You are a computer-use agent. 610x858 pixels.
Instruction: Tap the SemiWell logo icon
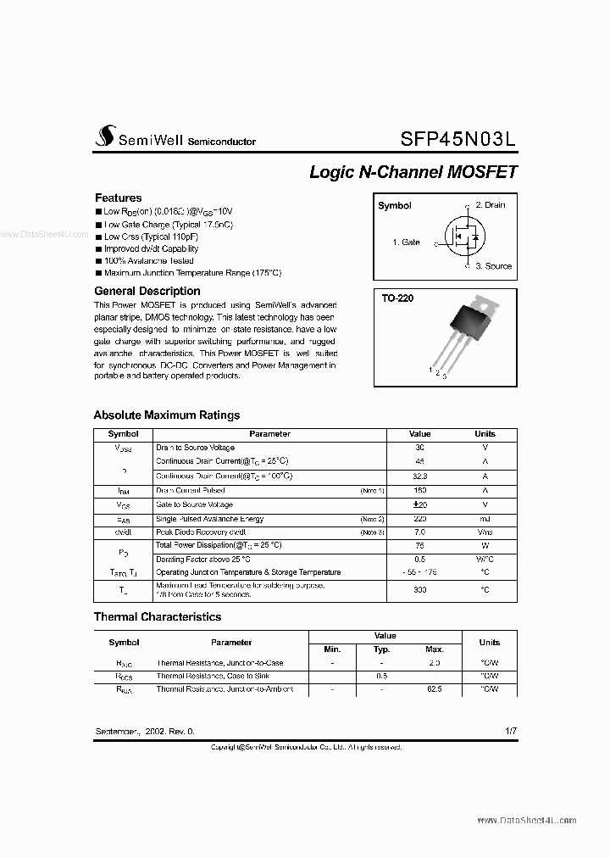pyautogui.click(x=105, y=136)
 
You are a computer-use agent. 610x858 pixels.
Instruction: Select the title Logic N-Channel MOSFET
pyautogui.click(x=413, y=172)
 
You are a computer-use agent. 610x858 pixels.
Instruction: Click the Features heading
pyautogui.click(x=118, y=198)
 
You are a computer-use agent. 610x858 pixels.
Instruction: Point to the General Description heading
pyautogui.click(x=147, y=291)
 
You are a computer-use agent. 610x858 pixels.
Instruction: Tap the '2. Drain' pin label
pyautogui.click(x=490, y=205)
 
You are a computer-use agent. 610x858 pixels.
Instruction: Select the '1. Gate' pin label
pyautogui.click(x=406, y=242)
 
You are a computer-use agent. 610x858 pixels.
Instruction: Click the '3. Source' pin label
pyautogui.click(x=493, y=266)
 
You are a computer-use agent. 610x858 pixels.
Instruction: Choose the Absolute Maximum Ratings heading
pyautogui.click(x=166, y=415)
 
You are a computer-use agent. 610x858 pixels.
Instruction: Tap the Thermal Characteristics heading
pyautogui.click(x=157, y=617)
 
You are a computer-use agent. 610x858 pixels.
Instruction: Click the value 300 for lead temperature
pyautogui.click(x=419, y=589)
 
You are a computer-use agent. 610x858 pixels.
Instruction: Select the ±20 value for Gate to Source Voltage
pyautogui.click(x=419, y=504)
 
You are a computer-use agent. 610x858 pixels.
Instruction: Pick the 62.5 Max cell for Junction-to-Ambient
pyautogui.click(x=435, y=689)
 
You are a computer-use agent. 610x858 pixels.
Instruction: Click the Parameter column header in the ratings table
pyautogui.click(x=269, y=434)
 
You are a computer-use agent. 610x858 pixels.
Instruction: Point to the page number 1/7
pyautogui.click(x=508, y=731)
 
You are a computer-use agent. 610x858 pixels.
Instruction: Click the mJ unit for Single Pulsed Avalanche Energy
pyautogui.click(x=485, y=519)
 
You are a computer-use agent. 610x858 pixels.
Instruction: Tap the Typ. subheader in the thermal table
pyautogui.click(x=382, y=649)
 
